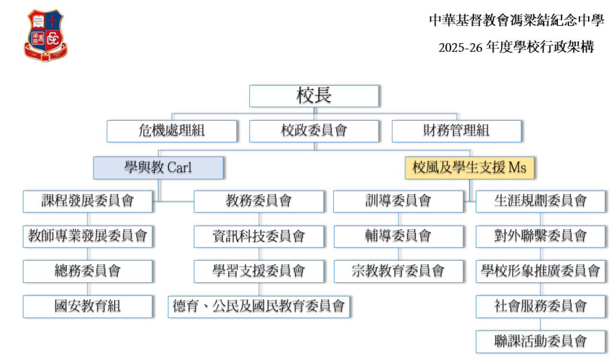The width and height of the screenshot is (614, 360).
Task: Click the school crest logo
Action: pyautogui.click(x=45, y=36)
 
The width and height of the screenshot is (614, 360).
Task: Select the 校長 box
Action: pyautogui.click(x=314, y=96)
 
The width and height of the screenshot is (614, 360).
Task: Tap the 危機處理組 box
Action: pyautogui.click(x=172, y=131)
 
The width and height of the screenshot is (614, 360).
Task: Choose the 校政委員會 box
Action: pyautogui.click(x=314, y=131)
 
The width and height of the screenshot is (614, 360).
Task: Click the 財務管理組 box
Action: pyautogui.click(x=456, y=131)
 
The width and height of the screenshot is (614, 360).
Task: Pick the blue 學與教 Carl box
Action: pyautogui.click(x=158, y=168)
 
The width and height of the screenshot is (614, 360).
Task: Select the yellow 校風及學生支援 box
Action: pyautogui.click(x=469, y=168)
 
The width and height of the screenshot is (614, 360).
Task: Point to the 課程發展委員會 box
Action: pyautogui.click(x=87, y=201)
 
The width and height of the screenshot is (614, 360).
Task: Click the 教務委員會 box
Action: pyautogui.click(x=259, y=201)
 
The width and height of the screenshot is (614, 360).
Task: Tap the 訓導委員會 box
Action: pyautogui.click(x=398, y=201)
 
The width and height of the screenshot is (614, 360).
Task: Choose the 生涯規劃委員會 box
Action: pyautogui.click(x=540, y=201)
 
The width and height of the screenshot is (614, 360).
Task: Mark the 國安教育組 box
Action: pyautogui.click(x=87, y=306)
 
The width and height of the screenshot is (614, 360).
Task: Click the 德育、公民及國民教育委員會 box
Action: pyautogui.click(x=259, y=306)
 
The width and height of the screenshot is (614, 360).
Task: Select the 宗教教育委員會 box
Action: pyautogui.click(x=398, y=271)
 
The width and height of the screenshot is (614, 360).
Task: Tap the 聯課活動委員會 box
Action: pyautogui.click(x=540, y=341)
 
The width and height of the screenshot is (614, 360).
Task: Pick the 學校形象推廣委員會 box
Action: pyautogui.click(x=540, y=271)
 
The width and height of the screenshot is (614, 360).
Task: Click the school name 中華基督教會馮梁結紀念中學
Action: pyautogui.click(x=516, y=20)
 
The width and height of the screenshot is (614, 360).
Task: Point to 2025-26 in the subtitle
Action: pyautogui.click(x=460, y=48)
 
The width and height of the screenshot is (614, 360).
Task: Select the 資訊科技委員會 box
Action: pyautogui.click(x=259, y=236)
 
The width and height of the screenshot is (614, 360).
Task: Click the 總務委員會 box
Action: pyautogui.click(x=87, y=271)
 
